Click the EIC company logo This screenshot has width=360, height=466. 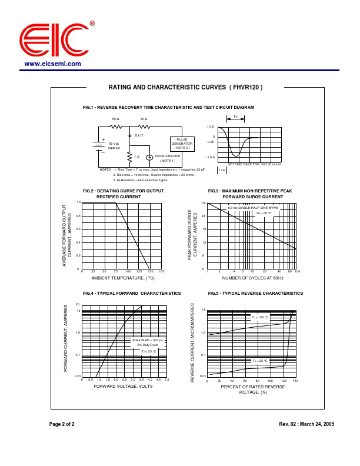pos(55,41)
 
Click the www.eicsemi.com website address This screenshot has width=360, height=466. pos(53,64)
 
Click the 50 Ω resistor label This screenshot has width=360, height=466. pos(115,119)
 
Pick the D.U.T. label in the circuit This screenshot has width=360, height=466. pos(139,135)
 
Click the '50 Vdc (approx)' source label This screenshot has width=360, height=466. pos(114,145)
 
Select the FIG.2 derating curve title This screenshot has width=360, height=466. pos(123,194)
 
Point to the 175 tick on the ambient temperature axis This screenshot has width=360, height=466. pos(161,271)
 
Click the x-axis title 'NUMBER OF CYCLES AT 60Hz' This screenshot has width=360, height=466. pos(253,278)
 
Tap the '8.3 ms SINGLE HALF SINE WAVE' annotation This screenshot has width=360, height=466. pos(253,208)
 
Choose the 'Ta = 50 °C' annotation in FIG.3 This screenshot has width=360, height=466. pos(264,213)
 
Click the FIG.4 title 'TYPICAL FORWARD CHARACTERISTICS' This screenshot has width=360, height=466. pos(132,293)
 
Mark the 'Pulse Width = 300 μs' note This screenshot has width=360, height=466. pos(148,340)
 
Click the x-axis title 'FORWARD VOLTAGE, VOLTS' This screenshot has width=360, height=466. pos(123,386)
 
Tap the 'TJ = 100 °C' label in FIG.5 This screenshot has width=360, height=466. pos(260,317)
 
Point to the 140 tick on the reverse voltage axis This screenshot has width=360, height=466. pos(295,381)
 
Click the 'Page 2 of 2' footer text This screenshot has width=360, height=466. pos(62,424)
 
